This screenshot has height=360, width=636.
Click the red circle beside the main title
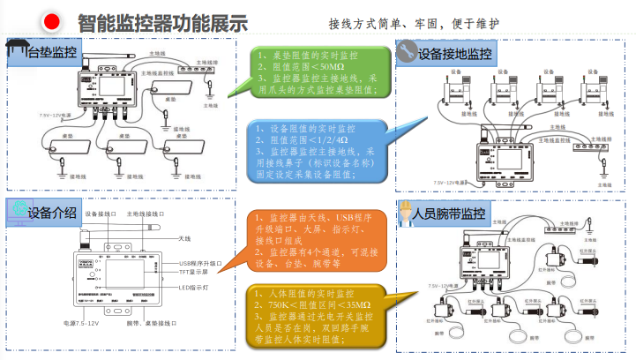(51, 20)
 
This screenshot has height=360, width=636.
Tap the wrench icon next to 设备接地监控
(408, 52)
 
